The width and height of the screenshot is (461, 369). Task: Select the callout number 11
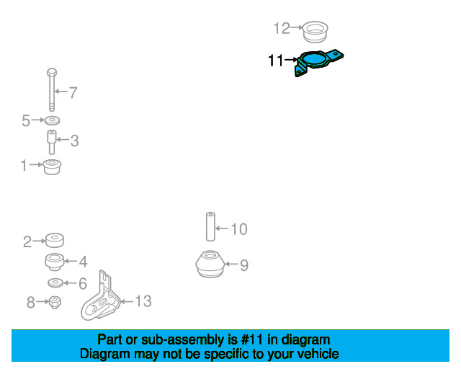(x=275, y=61)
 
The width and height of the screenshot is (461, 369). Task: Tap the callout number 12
(x=282, y=29)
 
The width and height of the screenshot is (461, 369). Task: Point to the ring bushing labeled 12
(x=315, y=31)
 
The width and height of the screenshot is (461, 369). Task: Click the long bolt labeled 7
(x=52, y=90)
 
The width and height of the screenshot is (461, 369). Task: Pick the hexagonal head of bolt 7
(x=52, y=72)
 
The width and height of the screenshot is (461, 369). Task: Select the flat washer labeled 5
(x=52, y=120)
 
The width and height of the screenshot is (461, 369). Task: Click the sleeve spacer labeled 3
(x=52, y=142)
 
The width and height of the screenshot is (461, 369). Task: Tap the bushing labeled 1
(x=52, y=167)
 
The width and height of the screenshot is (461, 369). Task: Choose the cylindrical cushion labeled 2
(x=55, y=240)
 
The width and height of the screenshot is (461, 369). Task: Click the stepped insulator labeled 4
(x=55, y=262)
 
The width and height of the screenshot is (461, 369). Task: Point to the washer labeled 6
(x=55, y=283)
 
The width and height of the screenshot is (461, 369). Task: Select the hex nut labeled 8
(x=55, y=302)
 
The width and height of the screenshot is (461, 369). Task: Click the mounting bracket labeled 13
(x=101, y=300)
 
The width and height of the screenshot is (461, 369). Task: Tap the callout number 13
(x=143, y=301)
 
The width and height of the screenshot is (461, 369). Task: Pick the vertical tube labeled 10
(x=210, y=226)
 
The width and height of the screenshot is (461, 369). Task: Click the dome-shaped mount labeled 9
(x=210, y=264)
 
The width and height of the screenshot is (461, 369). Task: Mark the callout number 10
(x=238, y=229)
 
